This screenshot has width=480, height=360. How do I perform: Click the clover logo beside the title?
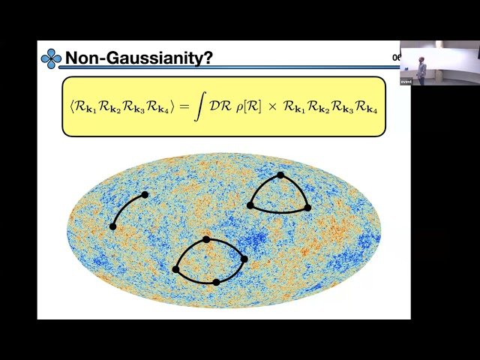click(51, 58)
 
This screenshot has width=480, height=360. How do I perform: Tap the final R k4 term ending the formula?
click(368, 108)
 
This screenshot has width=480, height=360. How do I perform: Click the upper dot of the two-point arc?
click(145, 194)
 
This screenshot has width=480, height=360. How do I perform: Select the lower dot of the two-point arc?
click(113, 226)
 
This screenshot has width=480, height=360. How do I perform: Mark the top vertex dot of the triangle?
click(280, 175)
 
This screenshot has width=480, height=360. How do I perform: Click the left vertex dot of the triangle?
click(250, 205)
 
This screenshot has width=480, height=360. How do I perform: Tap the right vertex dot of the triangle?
click(307, 207)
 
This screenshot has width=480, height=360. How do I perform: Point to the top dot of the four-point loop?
click(206, 239)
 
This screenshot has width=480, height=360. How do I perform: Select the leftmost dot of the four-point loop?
click(175, 268)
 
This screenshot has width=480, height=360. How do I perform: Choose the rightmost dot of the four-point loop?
click(244, 259)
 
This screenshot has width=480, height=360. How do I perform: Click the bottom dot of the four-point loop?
click(216, 282)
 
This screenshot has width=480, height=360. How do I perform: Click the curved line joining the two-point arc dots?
click(125, 205)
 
